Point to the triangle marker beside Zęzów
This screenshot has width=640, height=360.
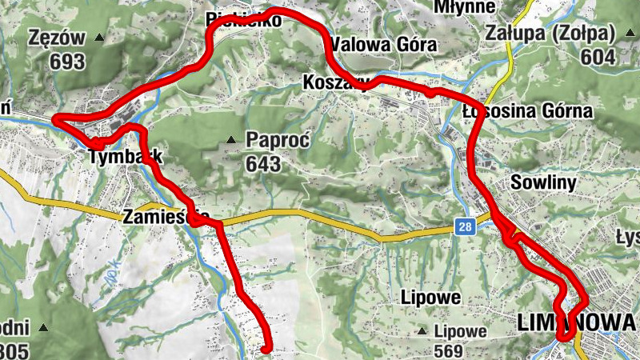pyautogui.click(x=100, y=38)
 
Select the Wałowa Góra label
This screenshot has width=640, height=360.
pyautogui.click(x=383, y=44)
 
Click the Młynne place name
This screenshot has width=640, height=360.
pyautogui.click(x=464, y=7)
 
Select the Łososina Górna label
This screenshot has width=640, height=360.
pyautogui.click(x=528, y=110)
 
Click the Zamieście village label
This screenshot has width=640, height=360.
pyautogui.click(x=166, y=217)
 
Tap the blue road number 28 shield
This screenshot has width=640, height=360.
pyautogui.click(x=466, y=228)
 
